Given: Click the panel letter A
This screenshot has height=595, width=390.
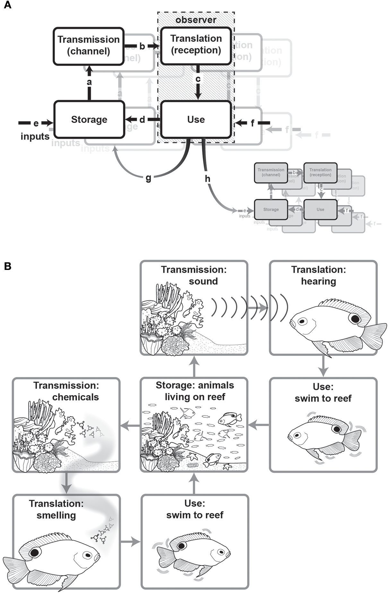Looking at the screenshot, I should click(x=7, y=5).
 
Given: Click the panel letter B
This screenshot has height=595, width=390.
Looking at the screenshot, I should click(x=7, y=266).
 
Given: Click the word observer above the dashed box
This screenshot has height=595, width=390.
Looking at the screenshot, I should click(x=196, y=20).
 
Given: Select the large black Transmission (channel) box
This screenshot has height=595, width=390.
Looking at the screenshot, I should click(x=89, y=46).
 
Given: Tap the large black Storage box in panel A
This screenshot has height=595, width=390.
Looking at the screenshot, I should click(x=89, y=120).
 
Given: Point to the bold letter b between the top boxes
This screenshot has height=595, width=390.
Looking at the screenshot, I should click(x=142, y=46).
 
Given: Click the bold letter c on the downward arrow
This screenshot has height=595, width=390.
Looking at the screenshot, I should click(x=198, y=79).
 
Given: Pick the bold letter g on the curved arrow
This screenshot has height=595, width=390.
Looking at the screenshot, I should click(x=148, y=178).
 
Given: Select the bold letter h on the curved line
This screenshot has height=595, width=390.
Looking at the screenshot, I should click(x=208, y=179).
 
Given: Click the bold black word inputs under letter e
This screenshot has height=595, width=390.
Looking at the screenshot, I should click(x=35, y=136).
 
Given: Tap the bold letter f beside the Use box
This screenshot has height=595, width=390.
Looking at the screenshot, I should click(x=252, y=123).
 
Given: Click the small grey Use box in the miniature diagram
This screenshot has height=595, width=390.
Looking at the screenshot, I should click(x=320, y=209).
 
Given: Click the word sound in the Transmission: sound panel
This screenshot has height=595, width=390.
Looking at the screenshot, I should click(x=203, y=281).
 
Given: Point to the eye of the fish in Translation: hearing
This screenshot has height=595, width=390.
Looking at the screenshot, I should click(x=302, y=321).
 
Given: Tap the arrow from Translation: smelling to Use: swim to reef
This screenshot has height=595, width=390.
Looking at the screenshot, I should click(x=131, y=542).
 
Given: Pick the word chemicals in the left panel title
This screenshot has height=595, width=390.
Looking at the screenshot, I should click(x=75, y=397).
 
